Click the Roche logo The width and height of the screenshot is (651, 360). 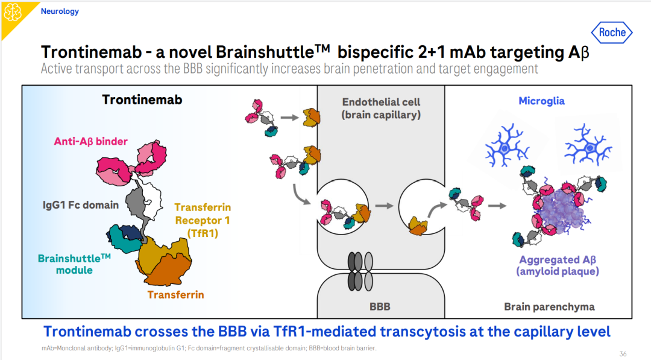point(612,33)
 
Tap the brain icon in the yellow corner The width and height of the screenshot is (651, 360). point(13,13)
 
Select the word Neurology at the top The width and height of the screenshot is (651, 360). point(60,11)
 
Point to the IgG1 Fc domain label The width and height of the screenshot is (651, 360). point(81,204)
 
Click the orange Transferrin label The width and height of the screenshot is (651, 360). point(176,295)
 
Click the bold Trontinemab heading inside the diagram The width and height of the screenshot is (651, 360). point(142,99)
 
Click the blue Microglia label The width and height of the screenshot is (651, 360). point(541,101)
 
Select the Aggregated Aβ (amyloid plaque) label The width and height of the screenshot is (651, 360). point(557,265)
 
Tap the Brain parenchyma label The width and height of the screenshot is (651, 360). point(549,307)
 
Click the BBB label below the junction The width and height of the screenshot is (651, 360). point(380,306)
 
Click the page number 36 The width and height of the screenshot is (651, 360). point(623,353)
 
